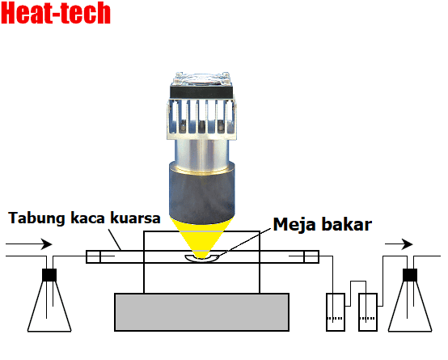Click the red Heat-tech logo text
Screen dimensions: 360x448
pos(56,14)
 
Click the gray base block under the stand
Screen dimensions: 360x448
pos(202,312)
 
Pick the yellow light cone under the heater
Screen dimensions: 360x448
pos(202,236)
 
